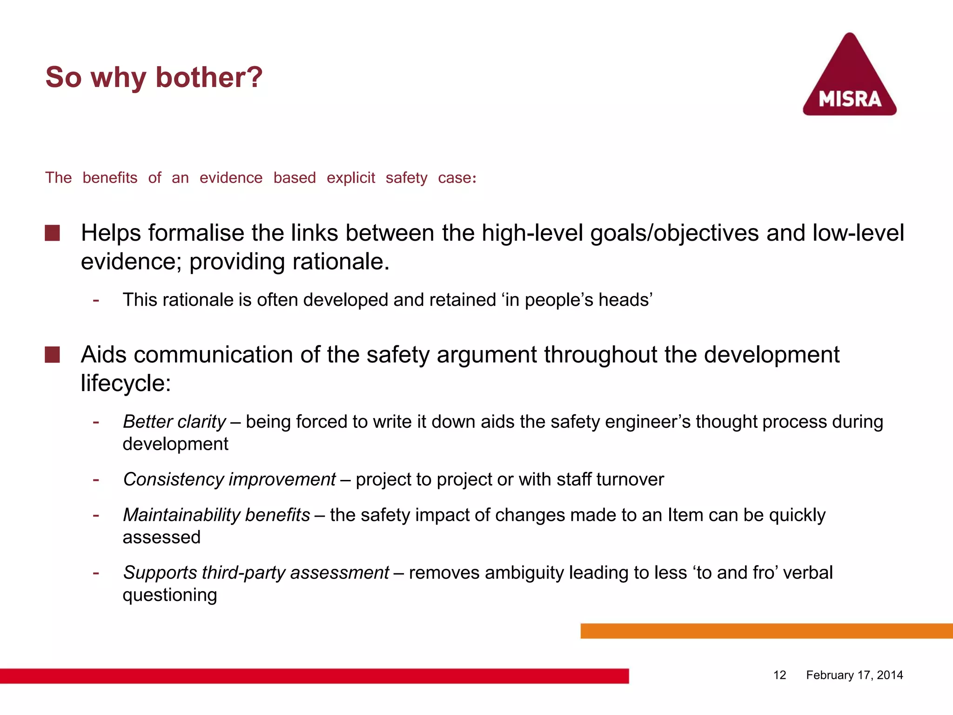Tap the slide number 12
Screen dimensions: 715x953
coord(779,675)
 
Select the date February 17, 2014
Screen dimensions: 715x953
coord(854,675)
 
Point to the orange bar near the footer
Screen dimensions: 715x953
coord(766,631)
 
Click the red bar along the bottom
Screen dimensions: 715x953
coord(314,676)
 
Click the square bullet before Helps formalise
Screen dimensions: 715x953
coord(52,233)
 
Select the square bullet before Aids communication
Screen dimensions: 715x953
coord(52,355)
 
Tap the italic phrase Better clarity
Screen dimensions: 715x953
coord(174,422)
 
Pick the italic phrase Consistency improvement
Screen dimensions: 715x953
coord(229,479)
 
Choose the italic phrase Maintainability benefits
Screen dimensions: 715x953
coord(216,515)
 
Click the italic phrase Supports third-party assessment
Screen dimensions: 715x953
coord(256,573)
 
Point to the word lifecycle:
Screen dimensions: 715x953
coord(126,383)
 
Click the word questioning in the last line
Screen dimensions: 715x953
coord(170,595)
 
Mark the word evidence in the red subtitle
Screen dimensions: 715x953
coord(231,178)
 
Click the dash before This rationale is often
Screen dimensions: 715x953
coord(96,300)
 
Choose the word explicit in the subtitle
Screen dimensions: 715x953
coord(350,178)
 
